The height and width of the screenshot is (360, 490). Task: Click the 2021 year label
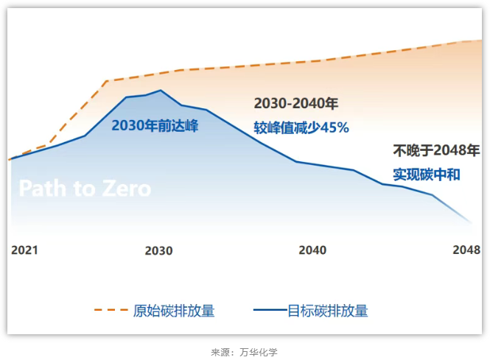coord(24,250)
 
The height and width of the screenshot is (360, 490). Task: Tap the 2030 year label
coord(158,250)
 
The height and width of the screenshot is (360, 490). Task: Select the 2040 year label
coord(312,250)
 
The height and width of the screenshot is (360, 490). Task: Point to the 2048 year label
coord(466,250)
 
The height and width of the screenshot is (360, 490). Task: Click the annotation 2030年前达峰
coord(155,126)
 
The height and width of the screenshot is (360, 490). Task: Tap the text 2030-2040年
coord(295,104)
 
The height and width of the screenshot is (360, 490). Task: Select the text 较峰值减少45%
coord(301,127)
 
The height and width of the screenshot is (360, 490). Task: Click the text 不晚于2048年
coord(436,151)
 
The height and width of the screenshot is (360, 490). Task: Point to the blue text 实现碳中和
coord(426,174)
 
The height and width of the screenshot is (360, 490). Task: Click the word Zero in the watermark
coord(121,188)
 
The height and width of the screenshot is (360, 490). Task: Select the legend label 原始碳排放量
coord(174,310)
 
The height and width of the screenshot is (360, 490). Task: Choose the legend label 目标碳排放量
coord(327,310)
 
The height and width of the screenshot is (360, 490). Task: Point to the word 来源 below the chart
coord(220,353)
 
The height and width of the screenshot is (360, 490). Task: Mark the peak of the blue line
coord(160,91)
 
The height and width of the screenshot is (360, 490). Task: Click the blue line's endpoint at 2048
coord(469,222)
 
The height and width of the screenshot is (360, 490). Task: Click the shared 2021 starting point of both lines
coord(10,159)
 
